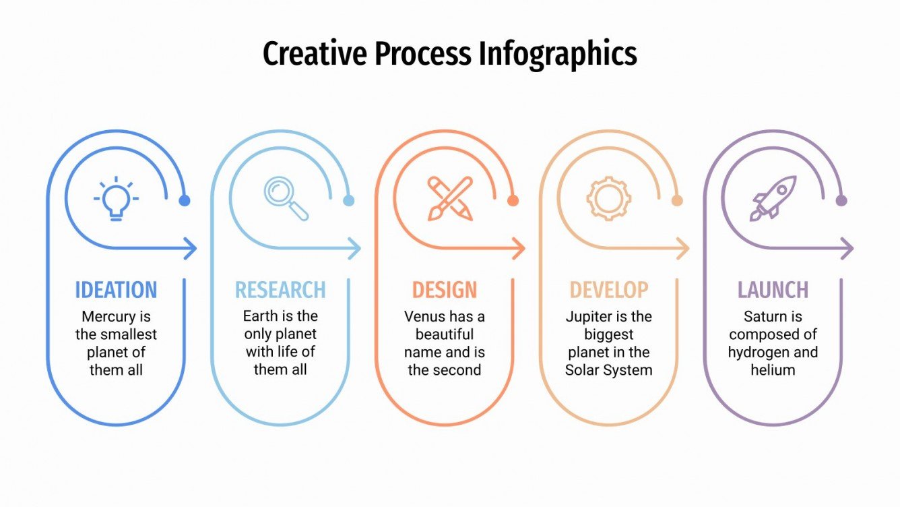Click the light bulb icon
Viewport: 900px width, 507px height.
(x=116, y=199)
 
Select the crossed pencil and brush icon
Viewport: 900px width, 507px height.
(x=450, y=198)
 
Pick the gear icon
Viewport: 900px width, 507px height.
(x=608, y=198)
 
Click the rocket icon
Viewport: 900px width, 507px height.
(x=773, y=198)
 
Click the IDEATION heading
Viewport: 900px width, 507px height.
(x=116, y=290)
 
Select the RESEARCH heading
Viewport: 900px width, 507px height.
(x=280, y=290)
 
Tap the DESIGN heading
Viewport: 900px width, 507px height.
(x=445, y=290)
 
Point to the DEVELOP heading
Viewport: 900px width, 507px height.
(x=609, y=290)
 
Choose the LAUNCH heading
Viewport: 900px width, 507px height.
(x=773, y=290)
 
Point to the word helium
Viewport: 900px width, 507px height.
(x=773, y=369)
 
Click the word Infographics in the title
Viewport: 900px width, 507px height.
(x=558, y=54)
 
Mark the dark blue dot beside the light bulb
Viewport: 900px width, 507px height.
(x=185, y=200)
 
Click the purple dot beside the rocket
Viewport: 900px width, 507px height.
(x=841, y=200)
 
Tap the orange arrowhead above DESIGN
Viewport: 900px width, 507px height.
(x=519, y=249)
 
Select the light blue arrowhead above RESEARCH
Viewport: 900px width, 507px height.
(x=354, y=249)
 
